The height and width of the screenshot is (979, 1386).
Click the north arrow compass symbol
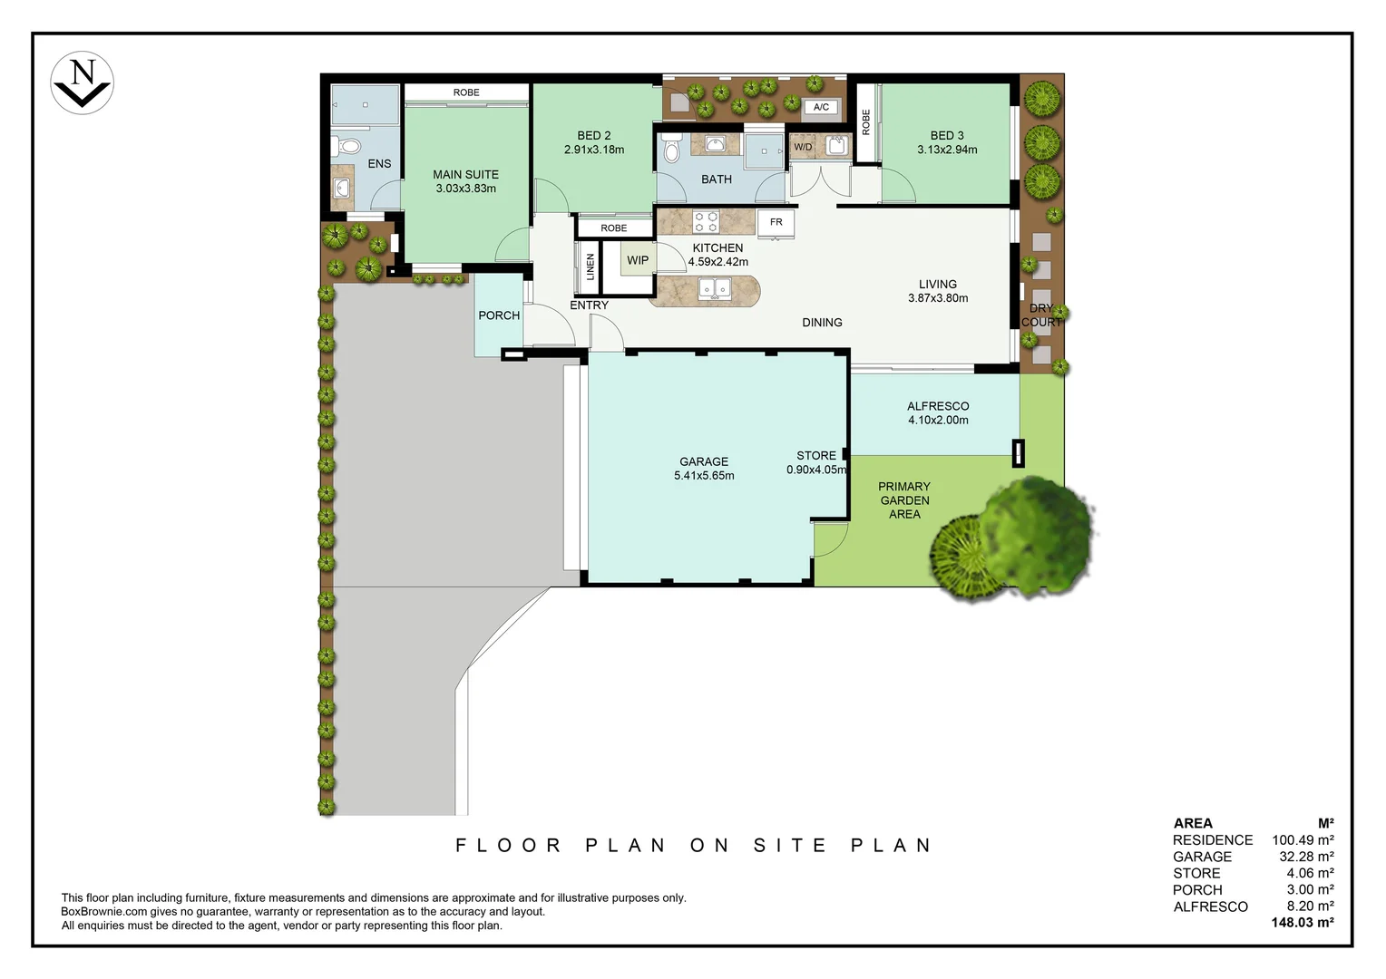(82, 82)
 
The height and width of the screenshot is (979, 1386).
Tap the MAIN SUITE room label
(465, 174)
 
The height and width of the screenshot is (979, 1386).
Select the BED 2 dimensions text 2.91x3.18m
(594, 150)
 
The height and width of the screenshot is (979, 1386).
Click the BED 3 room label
(947, 135)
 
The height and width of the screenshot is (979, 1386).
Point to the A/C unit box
(821, 107)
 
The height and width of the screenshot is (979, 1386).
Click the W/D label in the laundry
(803, 147)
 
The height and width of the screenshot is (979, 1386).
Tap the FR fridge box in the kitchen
(776, 222)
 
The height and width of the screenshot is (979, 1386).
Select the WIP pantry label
(638, 260)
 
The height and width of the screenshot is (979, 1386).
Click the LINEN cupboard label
(591, 267)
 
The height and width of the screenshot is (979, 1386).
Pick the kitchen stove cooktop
(706, 221)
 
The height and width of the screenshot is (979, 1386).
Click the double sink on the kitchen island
(715, 289)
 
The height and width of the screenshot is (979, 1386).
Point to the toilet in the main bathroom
(671, 149)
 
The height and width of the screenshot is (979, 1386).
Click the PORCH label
(499, 315)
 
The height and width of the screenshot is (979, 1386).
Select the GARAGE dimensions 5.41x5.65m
(704, 476)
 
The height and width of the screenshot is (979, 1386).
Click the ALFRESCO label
(938, 406)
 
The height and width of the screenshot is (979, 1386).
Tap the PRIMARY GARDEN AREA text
(904, 500)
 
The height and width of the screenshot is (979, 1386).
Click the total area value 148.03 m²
(1302, 923)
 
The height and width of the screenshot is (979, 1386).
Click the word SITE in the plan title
(790, 846)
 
